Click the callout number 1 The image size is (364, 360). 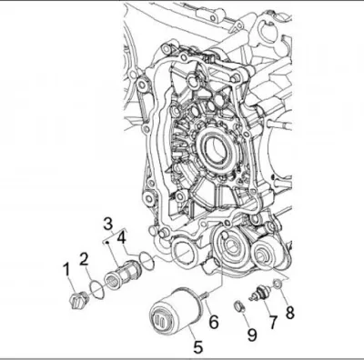(x=66, y=271)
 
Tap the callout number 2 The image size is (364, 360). (x=84, y=260)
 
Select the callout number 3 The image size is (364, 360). (x=107, y=224)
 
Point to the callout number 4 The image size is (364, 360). (x=121, y=239)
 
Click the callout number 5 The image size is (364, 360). (x=197, y=346)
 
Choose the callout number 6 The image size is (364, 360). (x=214, y=321)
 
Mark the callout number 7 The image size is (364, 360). (x=273, y=322)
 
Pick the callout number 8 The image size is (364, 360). (x=290, y=312)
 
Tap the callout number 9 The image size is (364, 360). (x=251, y=334)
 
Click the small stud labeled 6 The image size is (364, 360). (x=206, y=294)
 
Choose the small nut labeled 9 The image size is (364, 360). (x=239, y=306)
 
